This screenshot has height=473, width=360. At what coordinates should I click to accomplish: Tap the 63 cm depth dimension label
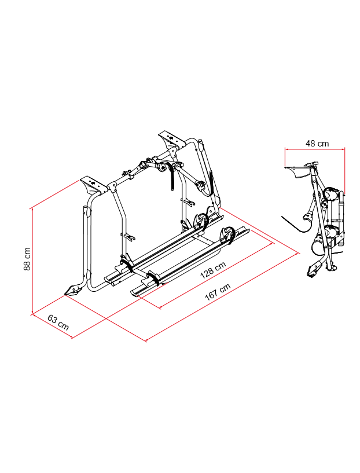click(x=58, y=322)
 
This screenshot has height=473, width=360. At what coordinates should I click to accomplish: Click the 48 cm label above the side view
click(x=317, y=143)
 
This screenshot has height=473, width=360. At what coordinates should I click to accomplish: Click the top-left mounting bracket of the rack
click(x=92, y=185)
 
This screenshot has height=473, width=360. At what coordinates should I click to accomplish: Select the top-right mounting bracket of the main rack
click(x=170, y=138)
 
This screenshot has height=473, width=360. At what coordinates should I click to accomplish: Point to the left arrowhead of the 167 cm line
click(x=146, y=340)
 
